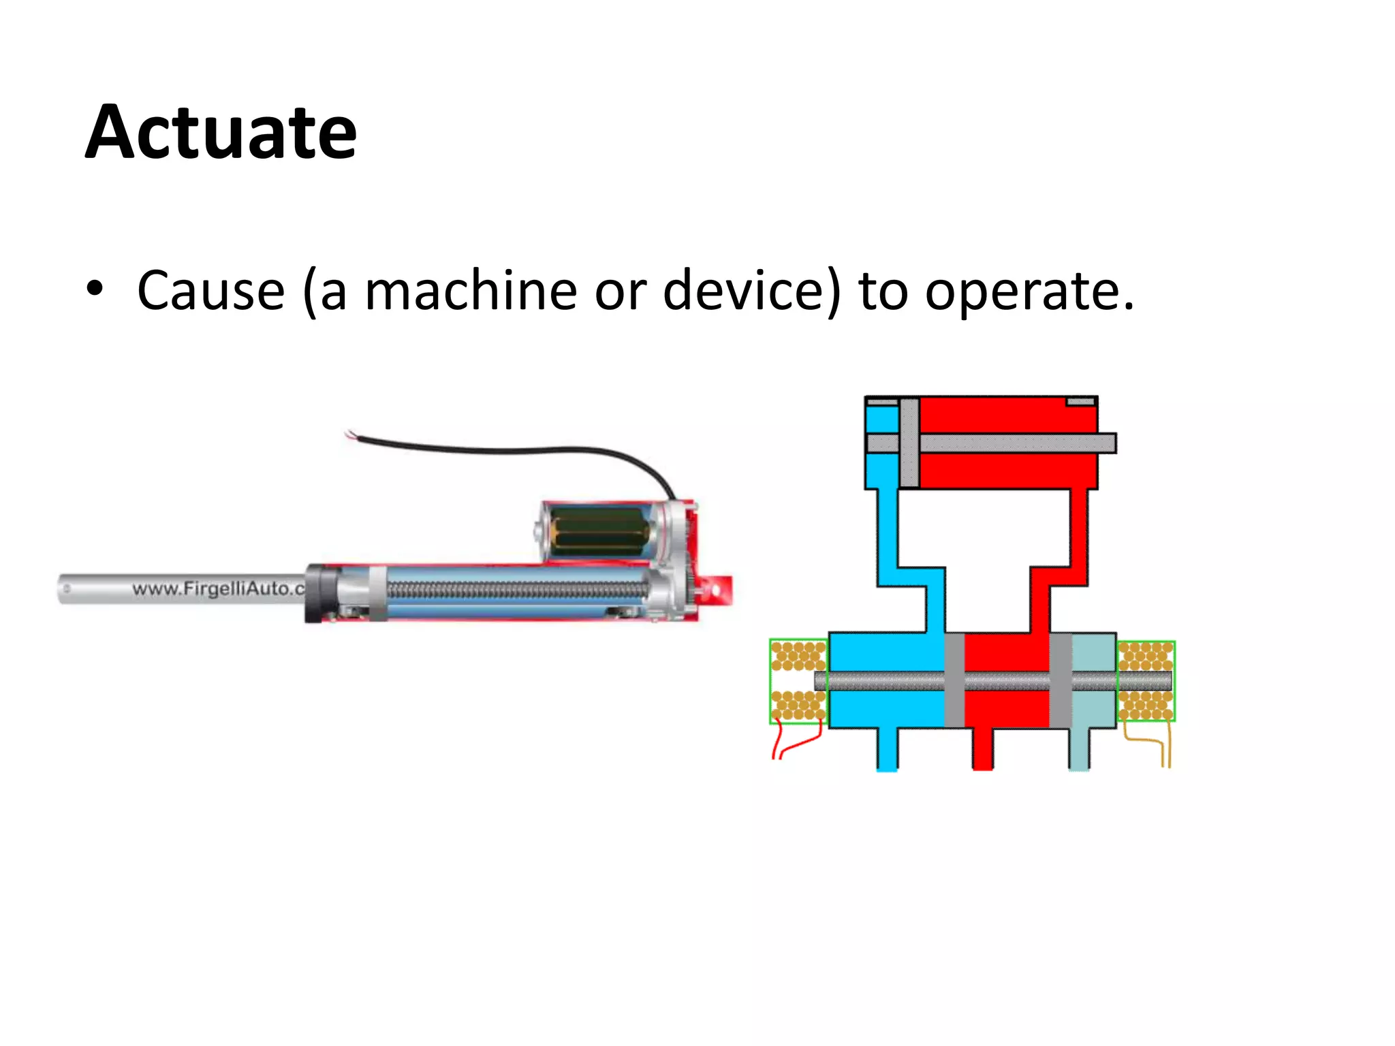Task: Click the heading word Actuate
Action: click(x=221, y=132)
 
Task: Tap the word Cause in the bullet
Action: click(x=210, y=291)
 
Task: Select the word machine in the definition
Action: click(x=471, y=291)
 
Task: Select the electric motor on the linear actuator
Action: click(x=599, y=532)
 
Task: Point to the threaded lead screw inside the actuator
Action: click(x=518, y=590)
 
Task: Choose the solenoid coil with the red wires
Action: click(x=798, y=681)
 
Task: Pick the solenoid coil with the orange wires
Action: click(x=1146, y=681)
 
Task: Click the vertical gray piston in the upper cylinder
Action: click(x=909, y=443)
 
